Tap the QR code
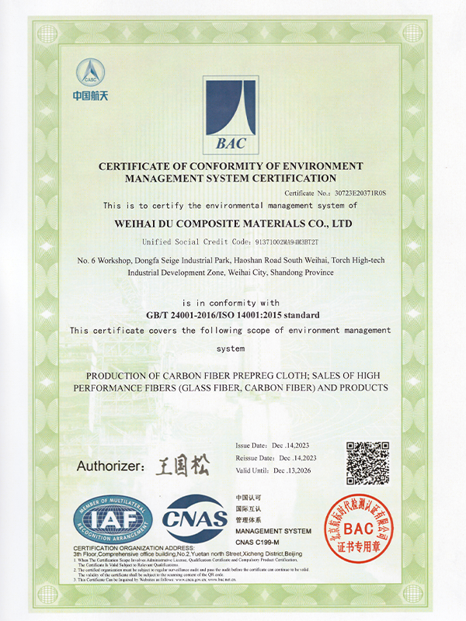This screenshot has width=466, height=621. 367,463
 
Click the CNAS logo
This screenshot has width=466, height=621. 195,519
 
